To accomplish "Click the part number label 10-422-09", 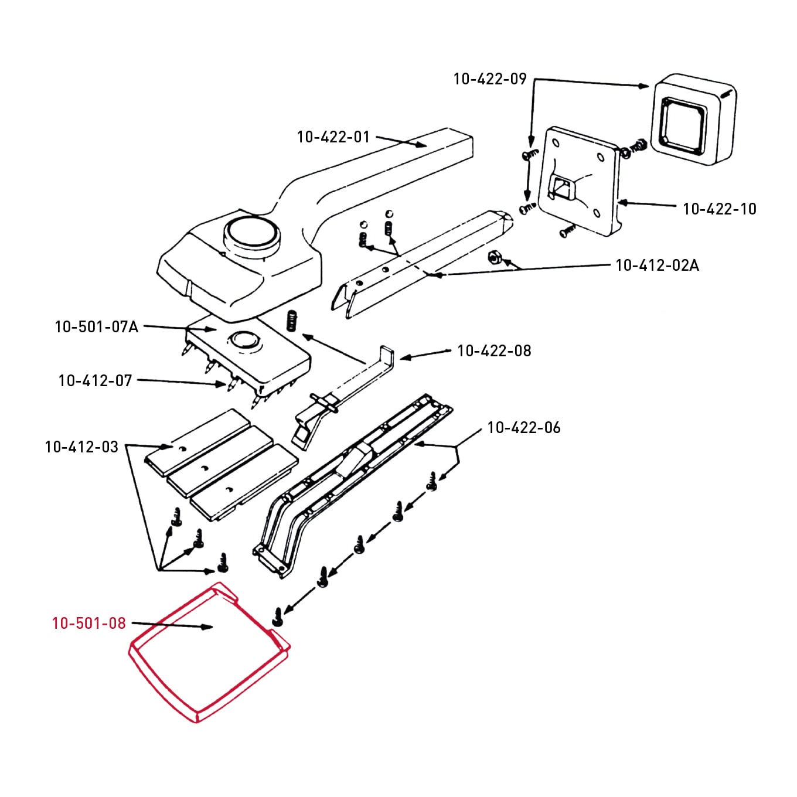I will (x=490, y=79).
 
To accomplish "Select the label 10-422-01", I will (x=333, y=137).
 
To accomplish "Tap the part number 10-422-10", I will (x=719, y=209).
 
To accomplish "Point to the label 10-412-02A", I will (x=656, y=265).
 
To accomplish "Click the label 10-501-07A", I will (x=96, y=327).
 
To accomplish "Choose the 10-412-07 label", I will (x=95, y=381).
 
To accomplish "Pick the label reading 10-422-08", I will (x=493, y=351).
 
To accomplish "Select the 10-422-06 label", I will (x=523, y=428).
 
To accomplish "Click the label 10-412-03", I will (x=81, y=447).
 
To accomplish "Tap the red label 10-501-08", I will (x=88, y=624).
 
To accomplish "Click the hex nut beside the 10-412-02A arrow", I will (x=493, y=257).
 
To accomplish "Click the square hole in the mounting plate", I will (x=561, y=188).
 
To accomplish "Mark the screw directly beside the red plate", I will (x=278, y=615).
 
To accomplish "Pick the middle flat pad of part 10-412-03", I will (x=220, y=461).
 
